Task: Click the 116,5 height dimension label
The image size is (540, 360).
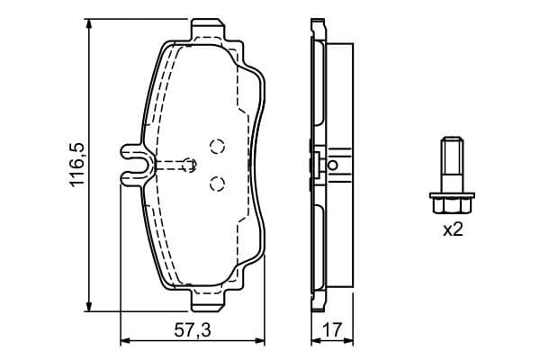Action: pyautogui.click(x=76, y=166)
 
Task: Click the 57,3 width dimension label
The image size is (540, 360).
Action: pyautogui.click(x=193, y=330)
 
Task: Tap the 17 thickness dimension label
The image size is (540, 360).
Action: pyautogui.click(x=333, y=330)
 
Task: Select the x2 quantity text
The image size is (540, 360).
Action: pyautogui.click(x=453, y=229)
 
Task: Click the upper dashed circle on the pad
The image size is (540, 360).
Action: pyautogui.click(x=217, y=147)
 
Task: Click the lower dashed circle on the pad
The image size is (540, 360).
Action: pyautogui.click(x=217, y=184)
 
